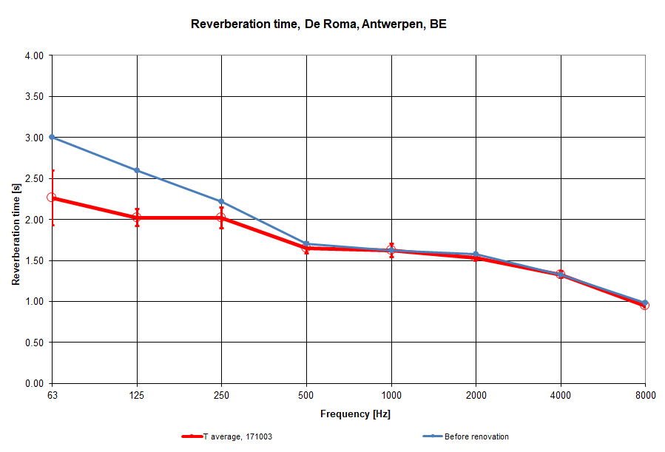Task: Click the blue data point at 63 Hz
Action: tap(52, 137)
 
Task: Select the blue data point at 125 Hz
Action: tap(137, 170)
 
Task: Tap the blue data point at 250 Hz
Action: tap(221, 201)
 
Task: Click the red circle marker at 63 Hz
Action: tap(52, 198)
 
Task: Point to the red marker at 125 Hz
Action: tap(137, 217)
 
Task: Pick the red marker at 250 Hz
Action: tap(221, 217)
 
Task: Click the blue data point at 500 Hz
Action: tap(306, 243)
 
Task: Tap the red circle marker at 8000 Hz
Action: tap(645, 305)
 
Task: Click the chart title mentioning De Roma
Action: tap(319, 24)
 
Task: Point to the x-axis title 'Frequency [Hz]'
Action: tap(355, 414)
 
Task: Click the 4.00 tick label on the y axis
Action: tap(34, 55)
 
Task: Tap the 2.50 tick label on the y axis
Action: tap(34, 178)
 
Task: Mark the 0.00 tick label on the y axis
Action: tap(34, 383)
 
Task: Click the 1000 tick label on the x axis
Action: tap(391, 395)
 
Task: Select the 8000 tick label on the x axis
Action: tap(645, 395)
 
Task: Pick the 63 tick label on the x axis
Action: tap(52, 395)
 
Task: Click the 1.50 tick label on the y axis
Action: tap(34, 260)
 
